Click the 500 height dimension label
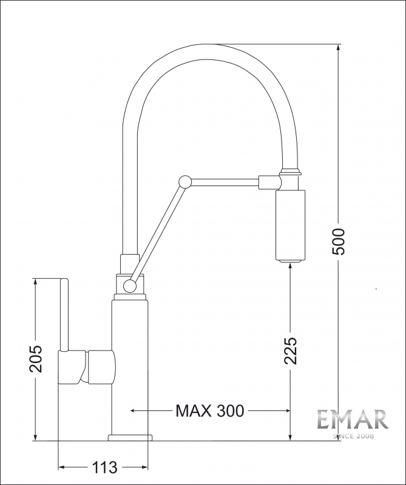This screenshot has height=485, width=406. (x=338, y=242)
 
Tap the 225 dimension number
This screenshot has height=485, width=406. (x=291, y=350)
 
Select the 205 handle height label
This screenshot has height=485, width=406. (x=35, y=359)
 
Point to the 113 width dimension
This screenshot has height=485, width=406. (x=104, y=467)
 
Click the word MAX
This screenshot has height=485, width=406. (x=194, y=411)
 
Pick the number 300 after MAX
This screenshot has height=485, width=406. (x=230, y=411)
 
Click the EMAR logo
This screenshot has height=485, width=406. (x=353, y=419)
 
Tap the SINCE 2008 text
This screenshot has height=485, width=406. (x=353, y=436)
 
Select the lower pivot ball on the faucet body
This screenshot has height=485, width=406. (x=130, y=286)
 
